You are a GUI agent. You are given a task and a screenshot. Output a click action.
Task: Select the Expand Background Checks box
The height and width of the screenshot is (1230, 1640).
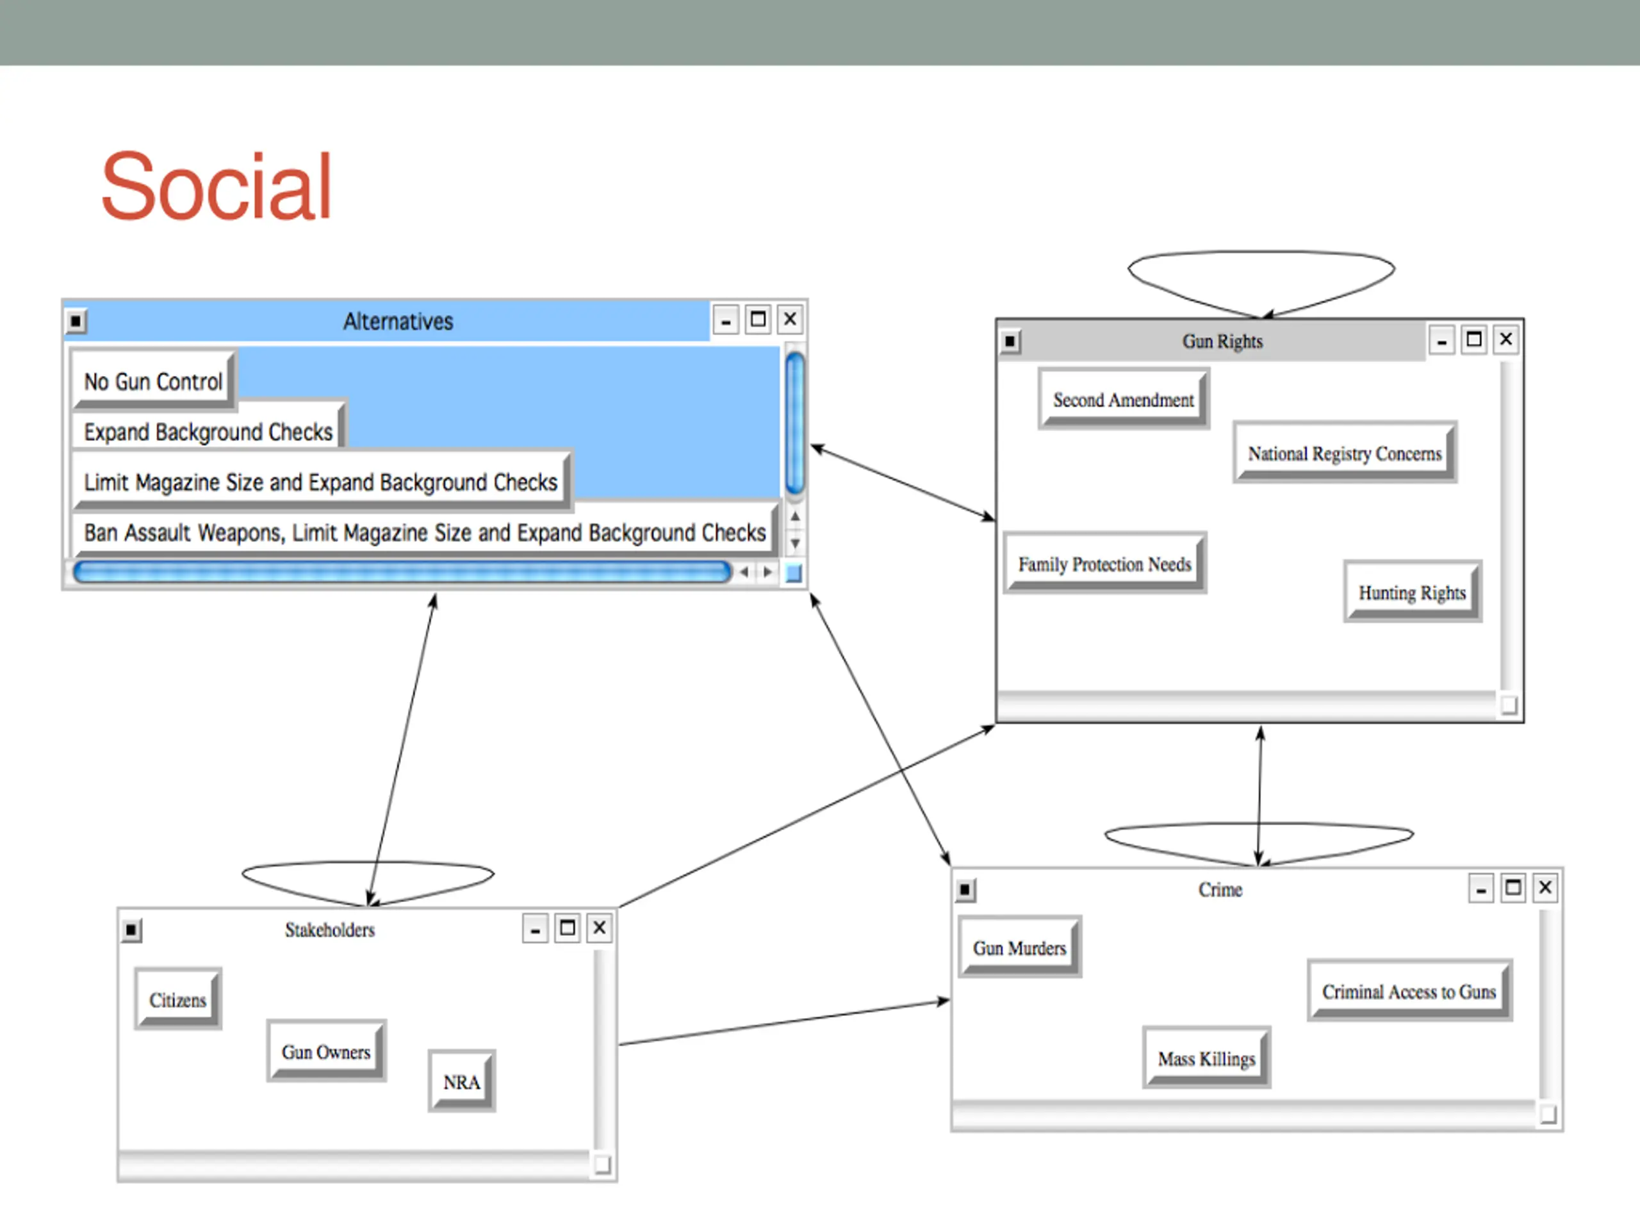(x=208, y=432)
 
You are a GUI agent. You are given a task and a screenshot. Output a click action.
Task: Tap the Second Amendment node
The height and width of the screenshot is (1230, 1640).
(x=1123, y=400)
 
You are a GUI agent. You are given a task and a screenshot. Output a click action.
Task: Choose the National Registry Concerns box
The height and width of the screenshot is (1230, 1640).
(x=1344, y=454)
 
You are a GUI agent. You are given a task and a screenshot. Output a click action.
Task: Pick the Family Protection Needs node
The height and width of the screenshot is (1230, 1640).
(x=1104, y=565)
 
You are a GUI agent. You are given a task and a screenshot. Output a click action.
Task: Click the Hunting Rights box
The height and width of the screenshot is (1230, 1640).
(x=1412, y=593)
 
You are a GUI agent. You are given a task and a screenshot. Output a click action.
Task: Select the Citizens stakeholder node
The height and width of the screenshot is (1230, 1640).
(x=178, y=1000)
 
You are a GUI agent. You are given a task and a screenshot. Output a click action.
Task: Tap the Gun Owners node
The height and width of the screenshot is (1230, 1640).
(x=325, y=1052)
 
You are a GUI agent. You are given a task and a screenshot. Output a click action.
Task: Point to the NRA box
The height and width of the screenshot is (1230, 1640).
(x=461, y=1083)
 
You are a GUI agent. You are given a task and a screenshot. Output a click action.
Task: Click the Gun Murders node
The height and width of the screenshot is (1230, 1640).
(x=1019, y=948)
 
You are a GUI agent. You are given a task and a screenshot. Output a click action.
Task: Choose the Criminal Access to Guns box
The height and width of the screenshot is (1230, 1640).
(x=1409, y=992)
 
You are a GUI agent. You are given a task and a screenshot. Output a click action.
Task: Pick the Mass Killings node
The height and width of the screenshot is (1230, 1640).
(x=1206, y=1059)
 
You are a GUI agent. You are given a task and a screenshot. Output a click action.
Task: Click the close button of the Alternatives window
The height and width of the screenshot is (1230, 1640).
(x=791, y=320)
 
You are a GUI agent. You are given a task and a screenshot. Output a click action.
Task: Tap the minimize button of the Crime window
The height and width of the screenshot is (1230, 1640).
(x=1480, y=888)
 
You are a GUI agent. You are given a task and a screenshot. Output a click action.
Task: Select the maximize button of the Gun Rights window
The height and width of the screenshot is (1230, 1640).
(x=1474, y=340)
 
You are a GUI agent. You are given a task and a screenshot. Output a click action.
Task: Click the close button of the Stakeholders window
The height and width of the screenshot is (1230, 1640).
(x=600, y=928)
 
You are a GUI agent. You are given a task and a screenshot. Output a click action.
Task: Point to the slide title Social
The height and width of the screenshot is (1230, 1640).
(x=216, y=186)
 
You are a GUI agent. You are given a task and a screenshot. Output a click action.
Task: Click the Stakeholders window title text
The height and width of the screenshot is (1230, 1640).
(x=330, y=930)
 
